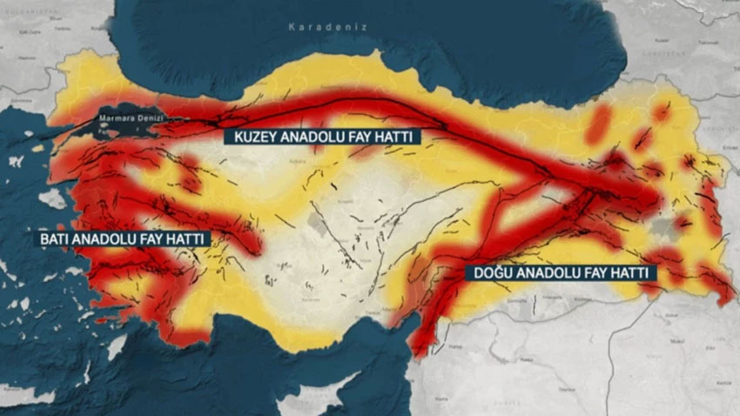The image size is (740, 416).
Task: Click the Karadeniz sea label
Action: coord(328,27)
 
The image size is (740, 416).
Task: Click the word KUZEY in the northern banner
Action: coord(252,137)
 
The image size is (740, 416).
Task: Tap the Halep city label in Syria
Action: coord(454,348)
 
